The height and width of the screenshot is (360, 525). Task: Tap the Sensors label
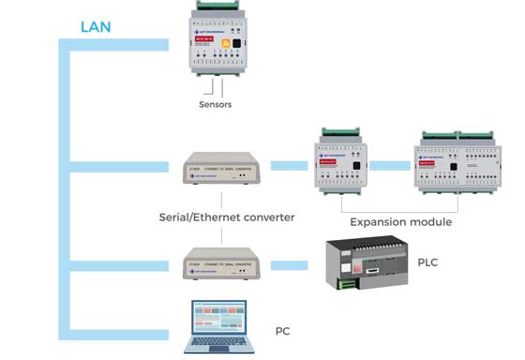pos(215,104)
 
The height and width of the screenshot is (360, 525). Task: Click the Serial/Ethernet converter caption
pos(226,217)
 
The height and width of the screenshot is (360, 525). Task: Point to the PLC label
pos(427,262)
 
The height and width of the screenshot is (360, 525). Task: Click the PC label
pos(282,331)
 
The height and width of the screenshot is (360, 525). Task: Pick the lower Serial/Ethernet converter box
pos(221,261)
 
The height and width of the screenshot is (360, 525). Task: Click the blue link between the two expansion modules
pos(397,165)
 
